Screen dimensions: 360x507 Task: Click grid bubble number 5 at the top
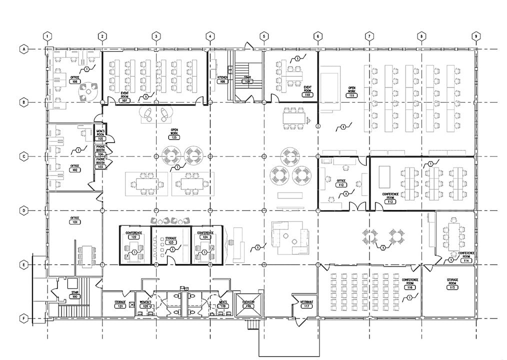pyautogui.click(x=264, y=36)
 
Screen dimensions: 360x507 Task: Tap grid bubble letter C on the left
pyautogui.click(x=23, y=156)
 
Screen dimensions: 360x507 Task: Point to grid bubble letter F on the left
pyautogui.click(x=23, y=318)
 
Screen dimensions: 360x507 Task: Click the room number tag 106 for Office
pyautogui.click(x=75, y=81)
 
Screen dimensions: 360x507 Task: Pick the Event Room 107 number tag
pyautogui.click(x=125, y=100)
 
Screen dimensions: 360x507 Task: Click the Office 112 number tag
pyautogui.click(x=341, y=185)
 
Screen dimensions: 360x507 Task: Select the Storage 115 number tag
pyautogui.click(x=452, y=287)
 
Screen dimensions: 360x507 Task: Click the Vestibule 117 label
pyautogui.click(x=306, y=304)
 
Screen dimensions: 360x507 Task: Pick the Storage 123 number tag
pyautogui.click(x=171, y=242)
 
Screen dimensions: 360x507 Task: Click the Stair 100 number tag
pyautogui.click(x=74, y=297)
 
